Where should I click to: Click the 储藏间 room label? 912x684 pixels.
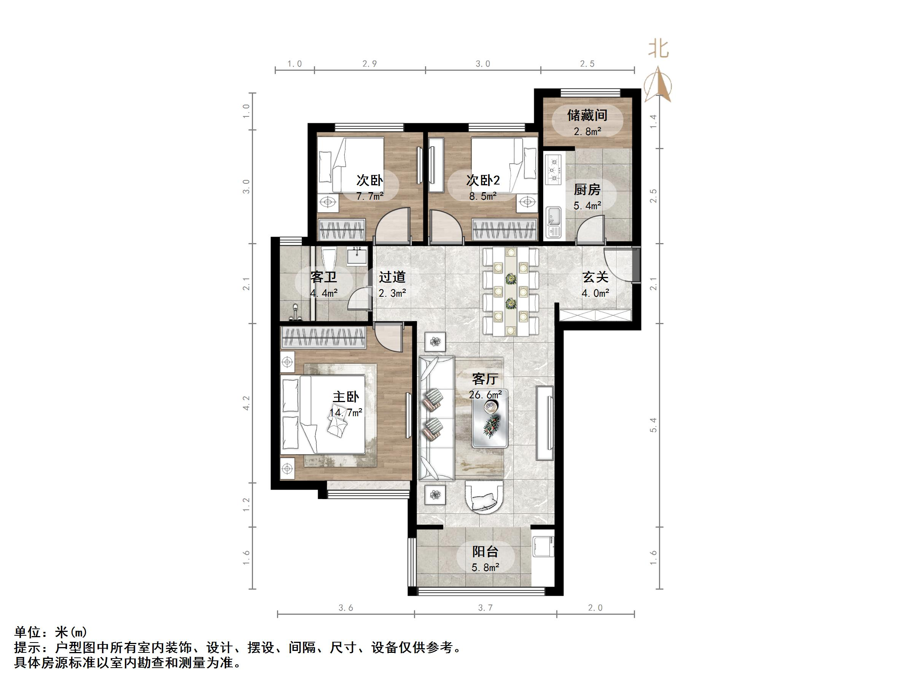pyautogui.click(x=587, y=115)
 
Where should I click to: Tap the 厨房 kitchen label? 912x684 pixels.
pyautogui.click(x=587, y=190)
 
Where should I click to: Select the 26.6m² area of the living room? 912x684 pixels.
pyautogui.click(x=485, y=394)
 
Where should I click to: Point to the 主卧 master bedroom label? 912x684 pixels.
pyautogui.click(x=346, y=397)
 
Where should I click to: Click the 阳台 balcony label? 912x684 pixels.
pyautogui.click(x=485, y=551)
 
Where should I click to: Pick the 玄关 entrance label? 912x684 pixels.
pyautogui.click(x=595, y=277)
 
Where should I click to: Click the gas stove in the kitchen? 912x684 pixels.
pyautogui.click(x=553, y=169)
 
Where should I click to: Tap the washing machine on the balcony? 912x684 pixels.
pyautogui.click(x=543, y=546)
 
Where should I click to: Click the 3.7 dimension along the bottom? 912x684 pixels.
pyautogui.click(x=485, y=607)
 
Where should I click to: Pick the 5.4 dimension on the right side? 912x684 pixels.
pyautogui.click(x=653, y=425)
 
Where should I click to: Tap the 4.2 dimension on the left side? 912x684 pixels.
pyautogui.click(x=246, y=403)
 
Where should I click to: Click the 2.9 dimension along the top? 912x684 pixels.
pyautogui.click(x=369, y=64)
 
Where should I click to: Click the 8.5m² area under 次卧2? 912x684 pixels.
pyautogui.click(x=483, y=196)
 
